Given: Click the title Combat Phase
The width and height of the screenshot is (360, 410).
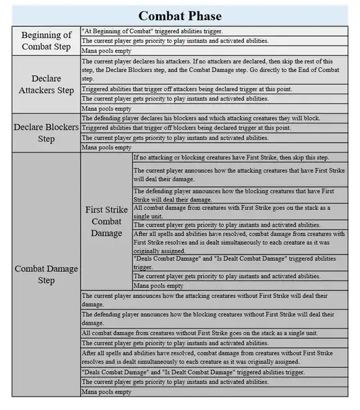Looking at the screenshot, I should point(179,15).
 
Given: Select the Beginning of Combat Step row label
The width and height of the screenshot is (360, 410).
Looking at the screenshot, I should point(46,41).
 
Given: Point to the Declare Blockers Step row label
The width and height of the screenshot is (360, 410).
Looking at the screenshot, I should point(46,133).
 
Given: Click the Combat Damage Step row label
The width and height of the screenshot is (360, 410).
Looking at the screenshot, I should point(46,275).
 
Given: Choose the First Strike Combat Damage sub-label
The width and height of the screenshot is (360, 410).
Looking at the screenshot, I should point(106,221).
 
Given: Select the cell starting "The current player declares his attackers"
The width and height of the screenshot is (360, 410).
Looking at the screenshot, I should point(213,69).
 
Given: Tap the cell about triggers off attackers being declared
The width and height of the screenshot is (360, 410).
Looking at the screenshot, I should point(213,89).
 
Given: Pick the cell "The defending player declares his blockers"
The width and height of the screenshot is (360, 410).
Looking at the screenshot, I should point(213,118).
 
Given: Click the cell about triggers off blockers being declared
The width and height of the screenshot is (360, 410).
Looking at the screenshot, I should point(213,128).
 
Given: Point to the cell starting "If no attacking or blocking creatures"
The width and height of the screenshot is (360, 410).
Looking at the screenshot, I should point(240,157).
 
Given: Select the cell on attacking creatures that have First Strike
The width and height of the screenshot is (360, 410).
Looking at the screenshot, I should point(240,175).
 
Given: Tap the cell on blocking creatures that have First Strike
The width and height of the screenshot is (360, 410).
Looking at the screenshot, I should point(240,195).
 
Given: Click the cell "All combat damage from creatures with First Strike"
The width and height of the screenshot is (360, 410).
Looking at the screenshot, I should point(240,212).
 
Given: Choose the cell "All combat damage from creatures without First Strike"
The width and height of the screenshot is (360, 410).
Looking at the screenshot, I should point(213,333).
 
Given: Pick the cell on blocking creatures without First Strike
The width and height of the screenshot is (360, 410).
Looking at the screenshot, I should point(213,318).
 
